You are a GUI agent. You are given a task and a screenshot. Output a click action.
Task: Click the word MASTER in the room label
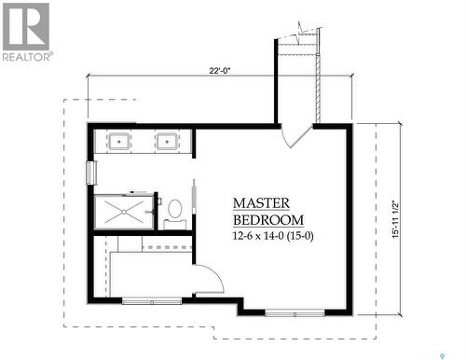click(x=261, y=202)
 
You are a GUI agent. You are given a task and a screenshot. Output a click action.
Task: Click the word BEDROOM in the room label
click(x=268, y=219)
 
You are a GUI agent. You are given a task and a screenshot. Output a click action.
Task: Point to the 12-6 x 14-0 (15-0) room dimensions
click(x=272, y=235)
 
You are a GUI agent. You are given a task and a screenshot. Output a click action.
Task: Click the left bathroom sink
click(x=118, y=142)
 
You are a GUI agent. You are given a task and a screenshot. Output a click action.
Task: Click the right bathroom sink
click(x=168, y=142)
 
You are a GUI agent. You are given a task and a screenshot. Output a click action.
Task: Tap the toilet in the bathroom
click(x=174, y=211)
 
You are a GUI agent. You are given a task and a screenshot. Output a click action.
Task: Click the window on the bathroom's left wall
click(x=90, y=173)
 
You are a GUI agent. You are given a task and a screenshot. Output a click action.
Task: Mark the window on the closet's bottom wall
click(x=152, y=300)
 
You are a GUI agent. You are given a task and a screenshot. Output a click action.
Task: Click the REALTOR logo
click(x=25, y=33)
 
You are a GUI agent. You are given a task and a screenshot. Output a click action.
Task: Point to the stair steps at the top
click(x=298, y=42)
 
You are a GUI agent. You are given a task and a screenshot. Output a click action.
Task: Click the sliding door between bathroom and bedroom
click(x=193, y=201)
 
